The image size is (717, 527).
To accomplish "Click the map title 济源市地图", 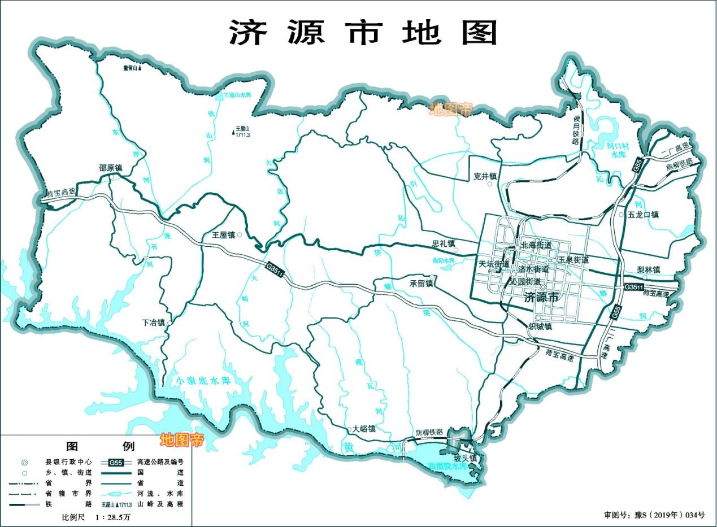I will tap(362, 32).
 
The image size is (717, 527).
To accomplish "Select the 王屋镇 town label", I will tap(224, 234).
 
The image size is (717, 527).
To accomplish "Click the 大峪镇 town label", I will tap(364, 429).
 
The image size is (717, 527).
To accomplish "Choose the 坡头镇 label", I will tap(465, 458).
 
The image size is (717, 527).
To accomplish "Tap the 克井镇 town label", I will tap(485, 176).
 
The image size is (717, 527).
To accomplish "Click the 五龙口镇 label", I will tap(642, 215).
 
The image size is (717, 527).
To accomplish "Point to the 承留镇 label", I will tap(421, 284).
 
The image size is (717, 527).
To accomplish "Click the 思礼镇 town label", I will tap(443, 244).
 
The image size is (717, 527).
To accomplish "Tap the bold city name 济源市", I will tap(541, 298).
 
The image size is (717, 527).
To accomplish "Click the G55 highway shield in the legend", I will tap(116, 462).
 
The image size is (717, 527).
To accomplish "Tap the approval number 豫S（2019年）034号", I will tap(654, 515).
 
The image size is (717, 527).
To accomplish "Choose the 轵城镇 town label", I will tap(540, 326).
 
